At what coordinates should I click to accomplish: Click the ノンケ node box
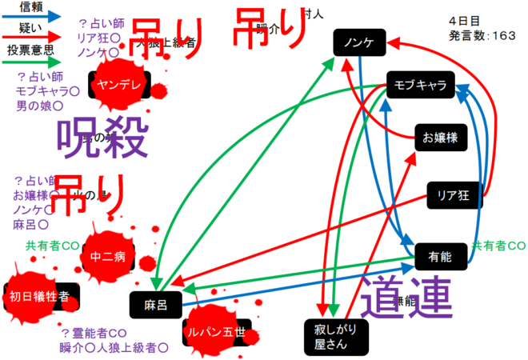(x=360, y=42)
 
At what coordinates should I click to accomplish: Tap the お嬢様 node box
(x=441, y=138)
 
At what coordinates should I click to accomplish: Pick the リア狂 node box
(x=453, y=193)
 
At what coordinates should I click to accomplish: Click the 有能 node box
(x=441, y=256)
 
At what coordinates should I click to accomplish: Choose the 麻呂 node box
(x=156, y=305)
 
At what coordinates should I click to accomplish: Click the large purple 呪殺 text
(x=102, y=138)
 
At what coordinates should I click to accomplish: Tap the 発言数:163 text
(x=483, y=34)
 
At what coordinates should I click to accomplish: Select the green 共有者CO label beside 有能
(x=498, y=245)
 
